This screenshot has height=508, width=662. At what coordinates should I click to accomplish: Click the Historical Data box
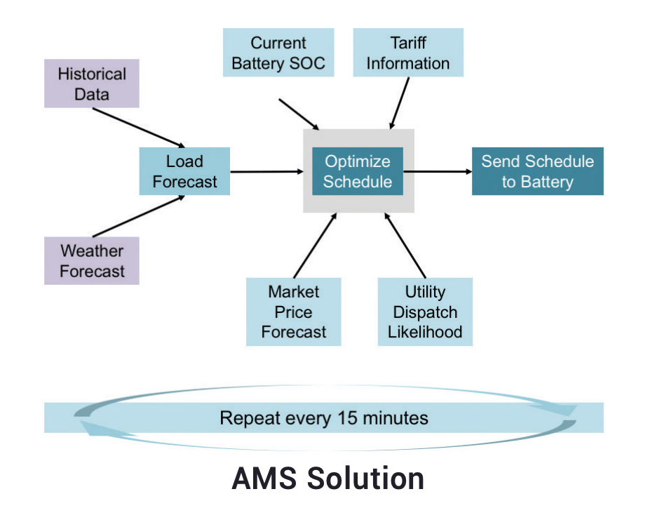coord(92,83)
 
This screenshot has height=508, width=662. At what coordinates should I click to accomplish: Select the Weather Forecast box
coord(92,260)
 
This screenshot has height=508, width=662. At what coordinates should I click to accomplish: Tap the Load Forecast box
coord(184,171)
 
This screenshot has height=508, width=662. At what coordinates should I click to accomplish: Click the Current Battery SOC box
coord(278,53)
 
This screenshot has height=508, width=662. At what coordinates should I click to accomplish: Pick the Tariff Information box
coord(408,53)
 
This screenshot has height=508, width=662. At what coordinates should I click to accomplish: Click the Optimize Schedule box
coord(358,171)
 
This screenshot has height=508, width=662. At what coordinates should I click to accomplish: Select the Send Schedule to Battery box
coord(537,171)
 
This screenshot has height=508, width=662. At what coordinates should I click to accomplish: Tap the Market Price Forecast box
coord(293,312)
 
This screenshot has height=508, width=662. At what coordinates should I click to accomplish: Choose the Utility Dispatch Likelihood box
coord(426,312)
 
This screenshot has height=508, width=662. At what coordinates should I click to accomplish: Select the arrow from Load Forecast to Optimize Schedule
coord(262,171)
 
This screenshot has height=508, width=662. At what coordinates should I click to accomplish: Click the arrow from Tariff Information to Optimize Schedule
coord(399,102)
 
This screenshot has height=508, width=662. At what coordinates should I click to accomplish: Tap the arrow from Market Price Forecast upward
coord(316,244)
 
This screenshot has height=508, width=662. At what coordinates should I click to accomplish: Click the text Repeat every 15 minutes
coord(323,418)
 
